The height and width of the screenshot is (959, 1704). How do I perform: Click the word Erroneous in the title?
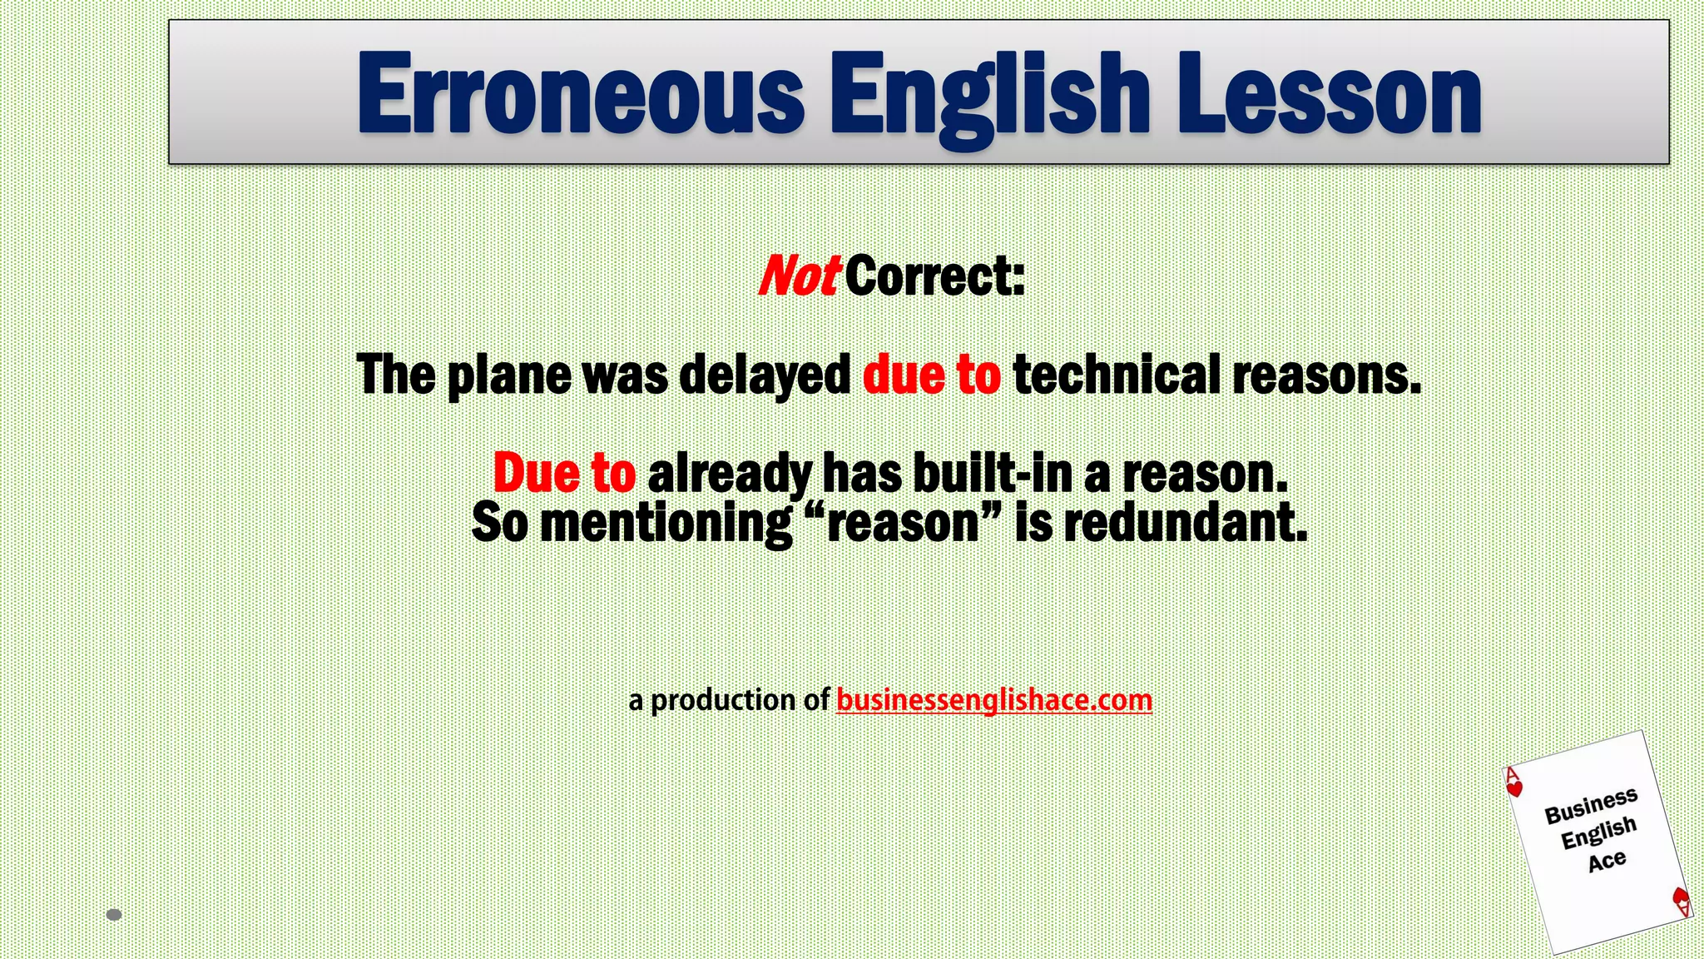[x=580, y=93]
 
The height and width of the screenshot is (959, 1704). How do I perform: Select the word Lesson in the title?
[x=1329, y=93]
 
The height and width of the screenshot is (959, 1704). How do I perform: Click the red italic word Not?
[x=797, y=276]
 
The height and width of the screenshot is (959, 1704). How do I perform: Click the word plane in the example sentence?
[x=509, y=375]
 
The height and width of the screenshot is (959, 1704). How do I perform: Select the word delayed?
[x=765, y=375]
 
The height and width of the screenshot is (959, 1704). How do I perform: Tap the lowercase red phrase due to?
[x=931, y=375]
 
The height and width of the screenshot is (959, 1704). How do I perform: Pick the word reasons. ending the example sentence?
[x=1326, y=375]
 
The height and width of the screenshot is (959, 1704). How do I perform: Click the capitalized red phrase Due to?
[x=564, y=473]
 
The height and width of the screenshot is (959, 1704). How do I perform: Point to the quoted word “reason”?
[x=904, y=524]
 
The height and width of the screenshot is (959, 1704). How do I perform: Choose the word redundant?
[x=1186, y=524]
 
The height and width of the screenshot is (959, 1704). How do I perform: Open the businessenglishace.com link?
[x=993, y=700]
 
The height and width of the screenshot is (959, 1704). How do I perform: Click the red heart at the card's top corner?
[x=1515, y=788]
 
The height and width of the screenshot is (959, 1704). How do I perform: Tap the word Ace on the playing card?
[x=1606, y=861]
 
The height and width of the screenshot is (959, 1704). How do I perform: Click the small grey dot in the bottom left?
[x=115, y=915]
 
